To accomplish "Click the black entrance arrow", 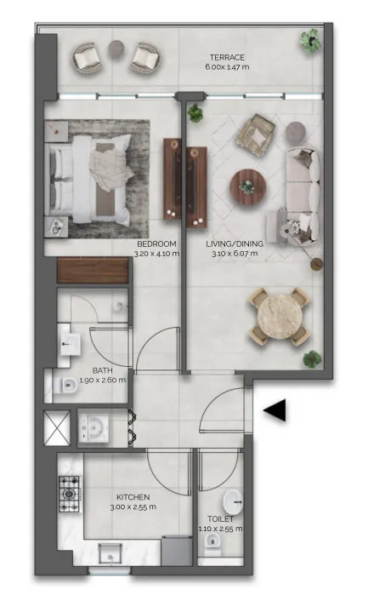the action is click(275, 410).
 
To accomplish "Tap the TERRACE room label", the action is click(227, 57).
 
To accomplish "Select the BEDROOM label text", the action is click(156, 243).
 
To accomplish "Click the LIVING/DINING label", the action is click(235, 243).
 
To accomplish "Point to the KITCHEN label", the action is click(133, 497).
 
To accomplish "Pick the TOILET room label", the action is click(220, 518).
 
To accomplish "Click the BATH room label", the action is click(102, 370).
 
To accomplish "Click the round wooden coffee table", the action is click(248, 187).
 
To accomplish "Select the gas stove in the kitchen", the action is click(69, 494).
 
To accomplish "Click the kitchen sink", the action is click(110, 554).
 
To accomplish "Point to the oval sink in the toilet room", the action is click(232, 501).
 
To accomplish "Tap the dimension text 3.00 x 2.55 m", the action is click(133, 507).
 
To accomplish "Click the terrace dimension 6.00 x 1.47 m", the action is click(227, 67).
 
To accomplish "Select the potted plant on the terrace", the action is click(311, 40).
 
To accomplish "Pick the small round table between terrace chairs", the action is click(116, 49).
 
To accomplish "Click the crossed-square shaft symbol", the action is click(57, 428).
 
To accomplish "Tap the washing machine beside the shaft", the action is click(93, 428).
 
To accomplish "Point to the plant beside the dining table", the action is click(312, 359).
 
